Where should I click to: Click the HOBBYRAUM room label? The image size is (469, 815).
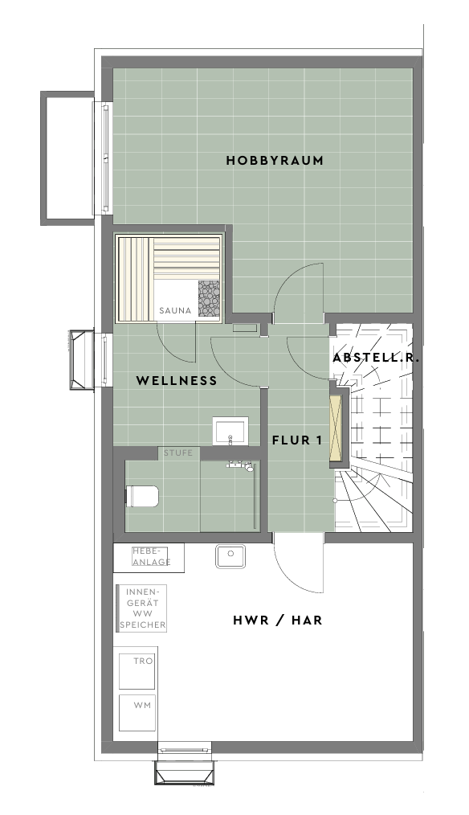click(275, 160)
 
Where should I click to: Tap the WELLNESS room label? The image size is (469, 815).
click(177, 380)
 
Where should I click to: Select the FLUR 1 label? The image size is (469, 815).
click(297, 440)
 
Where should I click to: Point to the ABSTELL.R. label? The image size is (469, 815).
click(376, 358)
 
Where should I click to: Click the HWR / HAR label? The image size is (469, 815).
click(277, 620)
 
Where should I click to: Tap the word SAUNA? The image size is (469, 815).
click(175, 311)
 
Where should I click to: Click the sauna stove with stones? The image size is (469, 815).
click(209, 298)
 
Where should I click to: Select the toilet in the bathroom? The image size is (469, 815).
click(142, 496)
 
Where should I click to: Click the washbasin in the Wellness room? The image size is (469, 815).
click(230, 431)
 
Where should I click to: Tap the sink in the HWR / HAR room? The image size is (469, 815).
click(230, 556)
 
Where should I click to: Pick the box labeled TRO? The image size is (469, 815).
click(137, 670)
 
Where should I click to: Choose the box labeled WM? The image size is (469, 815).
click(137, 712)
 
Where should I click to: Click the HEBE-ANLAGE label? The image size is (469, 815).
click(151, 556)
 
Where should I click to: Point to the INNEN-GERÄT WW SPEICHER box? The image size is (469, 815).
click(142, 608)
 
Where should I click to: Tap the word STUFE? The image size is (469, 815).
click(178, 453)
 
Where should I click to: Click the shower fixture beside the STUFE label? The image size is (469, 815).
click(240, 465)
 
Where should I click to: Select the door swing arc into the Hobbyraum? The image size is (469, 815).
click(287, 281)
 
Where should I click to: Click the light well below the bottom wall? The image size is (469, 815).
click(185, 771)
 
